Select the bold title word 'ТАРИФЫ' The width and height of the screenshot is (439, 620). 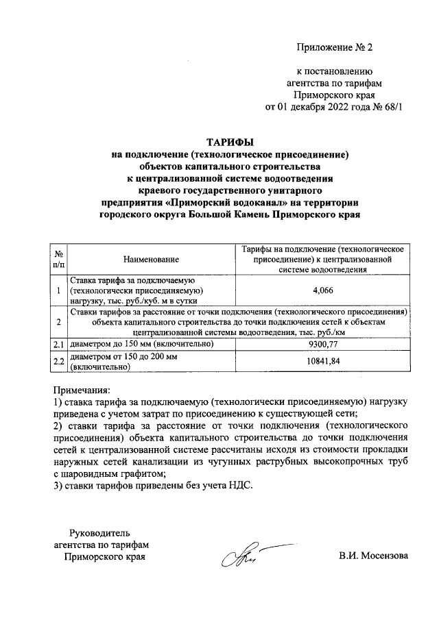point(229,142)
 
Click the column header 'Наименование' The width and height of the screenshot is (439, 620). point(151,259)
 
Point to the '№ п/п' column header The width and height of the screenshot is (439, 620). point(59,259)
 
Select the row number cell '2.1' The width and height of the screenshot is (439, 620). point(59,345)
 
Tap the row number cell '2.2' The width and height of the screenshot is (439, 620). point(59,361)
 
